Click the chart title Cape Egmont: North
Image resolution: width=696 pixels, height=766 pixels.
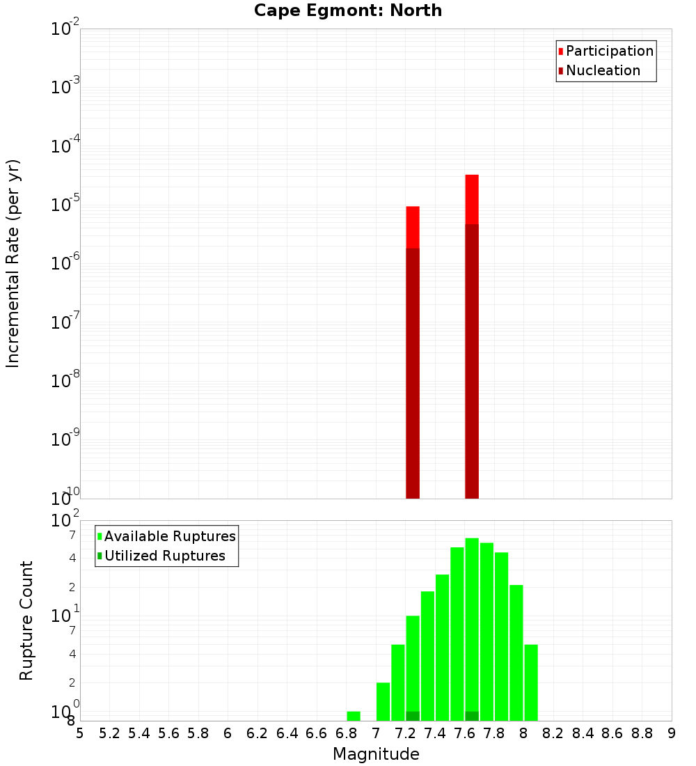tap(348, 10)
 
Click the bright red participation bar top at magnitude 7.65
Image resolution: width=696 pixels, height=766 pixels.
tap(472, 198)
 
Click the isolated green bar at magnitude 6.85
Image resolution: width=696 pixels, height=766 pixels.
tap(354, 716)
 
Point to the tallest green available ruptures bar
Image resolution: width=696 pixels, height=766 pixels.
tap(472, 627)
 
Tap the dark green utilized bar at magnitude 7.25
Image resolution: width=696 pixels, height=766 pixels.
tap(413, 716)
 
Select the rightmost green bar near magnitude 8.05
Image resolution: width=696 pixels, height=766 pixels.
tap(531, 682)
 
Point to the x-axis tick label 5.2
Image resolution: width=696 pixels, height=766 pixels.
tap(109, 733)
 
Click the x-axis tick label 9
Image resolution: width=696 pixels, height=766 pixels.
tap(672, 733)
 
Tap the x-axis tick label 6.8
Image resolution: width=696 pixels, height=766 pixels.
tap(346, 733)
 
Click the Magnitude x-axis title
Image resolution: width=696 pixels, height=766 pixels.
tap(376, 754)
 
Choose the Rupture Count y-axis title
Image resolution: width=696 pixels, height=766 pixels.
tap(26, 620)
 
